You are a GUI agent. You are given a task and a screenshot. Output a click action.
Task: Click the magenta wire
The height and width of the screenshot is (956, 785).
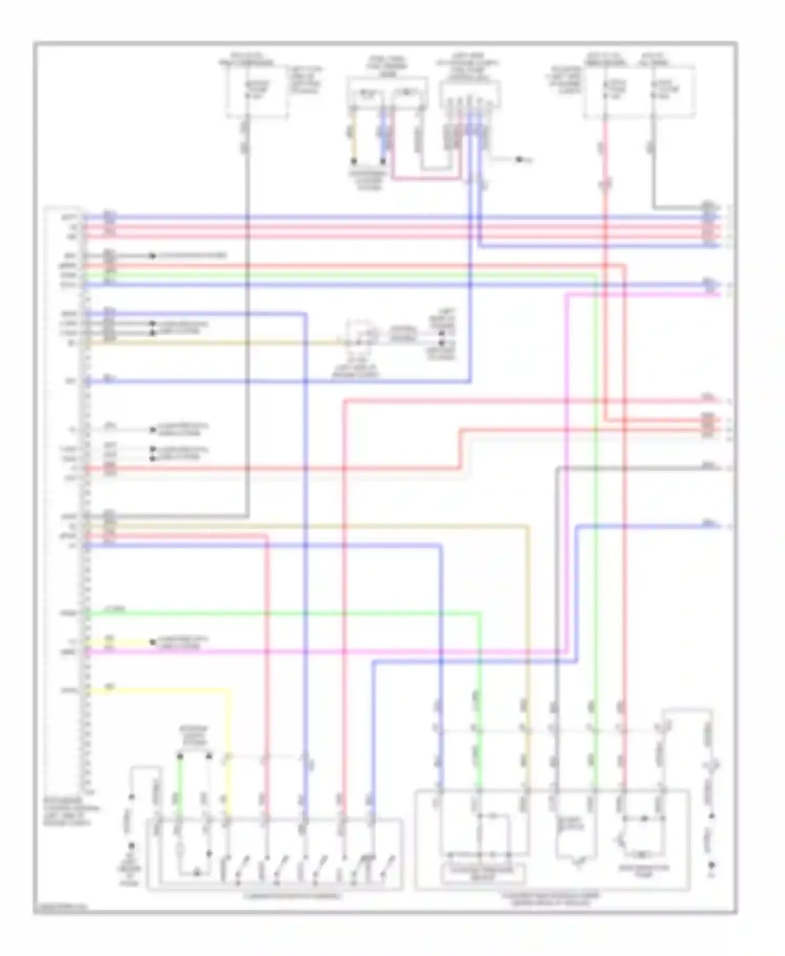324,652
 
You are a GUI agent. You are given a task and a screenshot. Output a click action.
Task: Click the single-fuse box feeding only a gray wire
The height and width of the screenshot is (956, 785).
256,92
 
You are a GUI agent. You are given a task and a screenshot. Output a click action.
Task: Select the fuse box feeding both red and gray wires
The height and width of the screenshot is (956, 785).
639,92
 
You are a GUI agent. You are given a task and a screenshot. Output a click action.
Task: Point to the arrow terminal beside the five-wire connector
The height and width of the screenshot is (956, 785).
520,159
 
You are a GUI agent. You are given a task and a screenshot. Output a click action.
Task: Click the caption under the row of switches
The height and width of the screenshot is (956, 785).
293,896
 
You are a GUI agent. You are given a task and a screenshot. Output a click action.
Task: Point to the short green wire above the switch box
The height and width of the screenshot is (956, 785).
179,784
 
